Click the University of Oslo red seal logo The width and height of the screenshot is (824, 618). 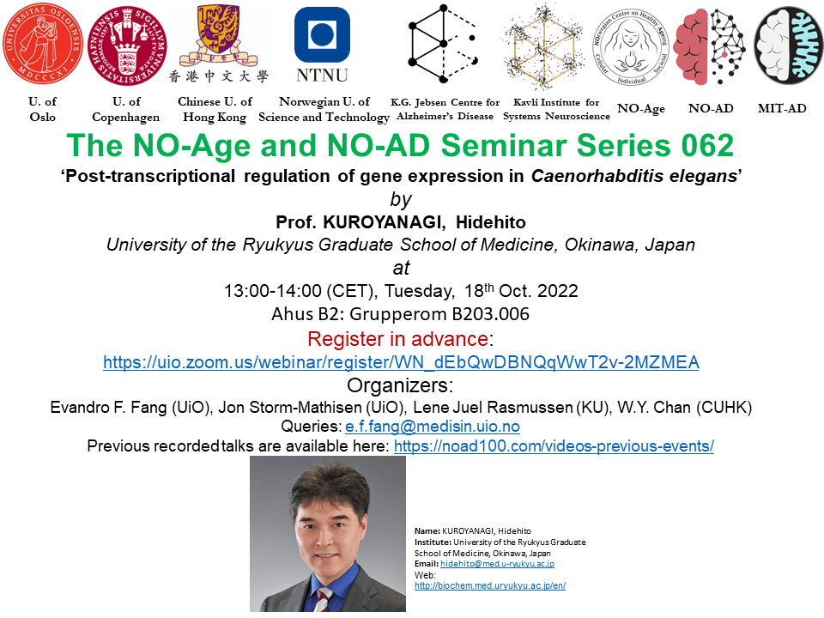43,44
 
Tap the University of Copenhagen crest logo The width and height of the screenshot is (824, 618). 127,45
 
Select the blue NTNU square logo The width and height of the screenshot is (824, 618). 322,34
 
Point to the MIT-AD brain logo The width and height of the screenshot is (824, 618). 788,45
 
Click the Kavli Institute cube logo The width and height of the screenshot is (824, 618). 543,45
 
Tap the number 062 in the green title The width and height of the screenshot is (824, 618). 707,146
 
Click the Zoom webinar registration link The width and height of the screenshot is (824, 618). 401,362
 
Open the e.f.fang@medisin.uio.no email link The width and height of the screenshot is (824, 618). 433,427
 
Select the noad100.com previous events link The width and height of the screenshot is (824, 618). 554,446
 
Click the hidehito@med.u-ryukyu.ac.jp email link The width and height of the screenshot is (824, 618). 497,564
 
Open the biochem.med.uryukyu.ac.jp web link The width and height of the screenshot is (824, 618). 490,585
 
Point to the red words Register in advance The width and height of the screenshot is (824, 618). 397,339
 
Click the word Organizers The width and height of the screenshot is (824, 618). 399,385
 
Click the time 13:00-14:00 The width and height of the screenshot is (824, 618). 273,291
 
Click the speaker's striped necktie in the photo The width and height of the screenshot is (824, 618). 324,601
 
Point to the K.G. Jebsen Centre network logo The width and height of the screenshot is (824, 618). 444,44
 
